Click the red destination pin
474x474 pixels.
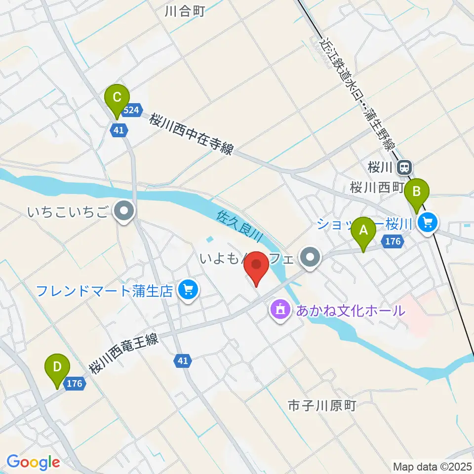257,267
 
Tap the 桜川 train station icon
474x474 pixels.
404,168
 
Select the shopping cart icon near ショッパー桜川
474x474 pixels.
427,224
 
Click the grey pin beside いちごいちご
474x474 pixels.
123,212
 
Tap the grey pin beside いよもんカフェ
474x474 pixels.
311,257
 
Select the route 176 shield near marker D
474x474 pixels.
74,383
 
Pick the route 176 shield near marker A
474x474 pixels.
393,241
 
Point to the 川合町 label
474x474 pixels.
185,11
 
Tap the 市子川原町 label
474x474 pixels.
322,406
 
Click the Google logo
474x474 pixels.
33,463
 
